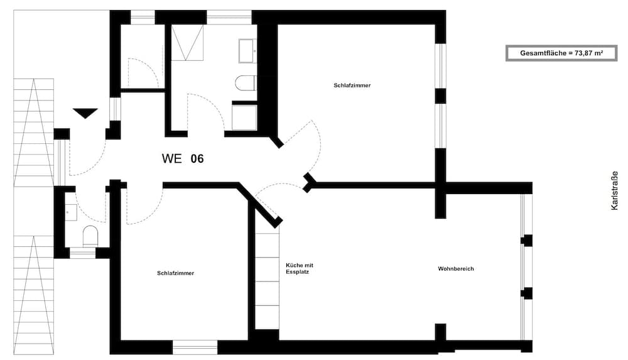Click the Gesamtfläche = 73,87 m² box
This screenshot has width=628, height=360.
pyautogui.click(x=561, y=53)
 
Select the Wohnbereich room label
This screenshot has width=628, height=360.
pyautogui.click(x=456, y=269)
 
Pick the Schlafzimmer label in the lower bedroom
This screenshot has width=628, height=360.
pyautogui.click(x=176, y=273)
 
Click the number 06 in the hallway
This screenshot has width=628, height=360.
pyautogui.click(x=197, y=159)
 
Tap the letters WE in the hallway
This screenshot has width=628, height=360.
pyautogui.click(x=171, y=159)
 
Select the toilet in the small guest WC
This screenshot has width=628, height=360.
pyautogui.click(x=90, y=236)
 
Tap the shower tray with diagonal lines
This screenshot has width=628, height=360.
pyautogui.click(x=188, y=43)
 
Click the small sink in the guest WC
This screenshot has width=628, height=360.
pyautogui.click(x=70, y=211)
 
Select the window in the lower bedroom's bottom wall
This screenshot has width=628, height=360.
pyautogui.click(x=195, y=346)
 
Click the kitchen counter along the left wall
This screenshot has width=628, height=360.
pyautogui.click(x=267, y=276)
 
